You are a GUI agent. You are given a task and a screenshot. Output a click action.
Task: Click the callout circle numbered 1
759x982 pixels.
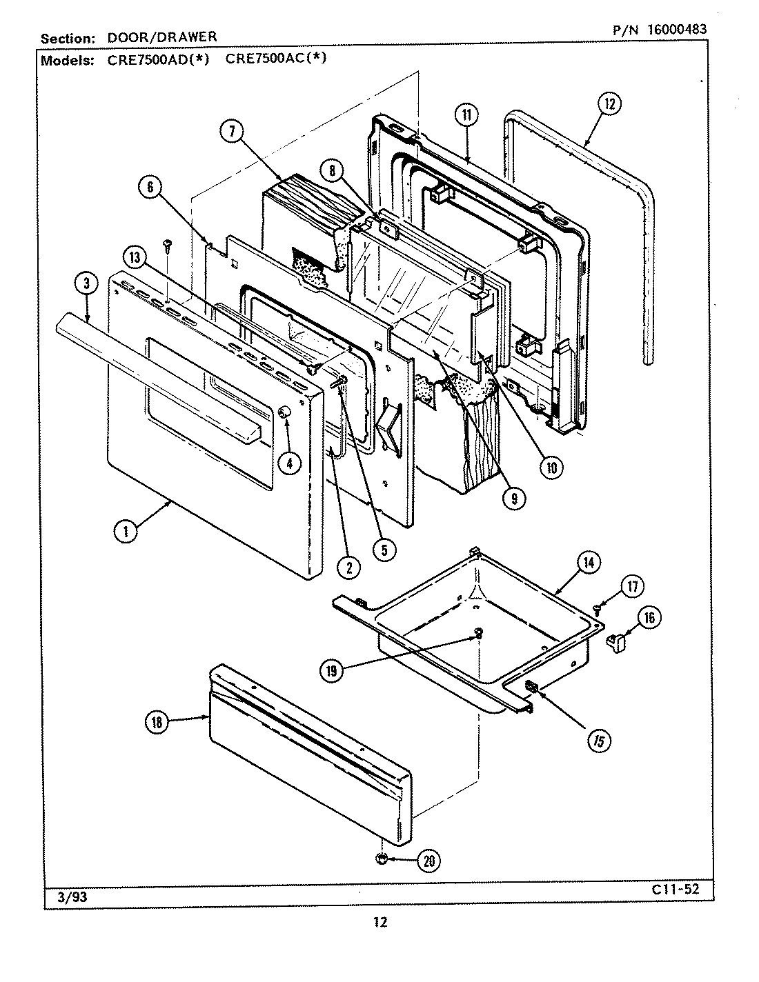(126, 530)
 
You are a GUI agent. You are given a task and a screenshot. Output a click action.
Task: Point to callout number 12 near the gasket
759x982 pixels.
(609, 104)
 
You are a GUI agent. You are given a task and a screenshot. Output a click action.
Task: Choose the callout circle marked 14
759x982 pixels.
(588, 563)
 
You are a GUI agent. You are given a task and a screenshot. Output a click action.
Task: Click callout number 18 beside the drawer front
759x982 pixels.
(157, 721)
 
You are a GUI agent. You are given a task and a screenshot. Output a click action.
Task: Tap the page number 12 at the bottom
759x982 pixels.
(379, 923)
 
